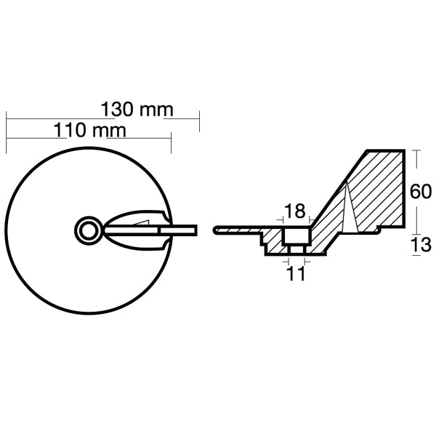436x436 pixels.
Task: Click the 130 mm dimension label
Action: coord(137,109)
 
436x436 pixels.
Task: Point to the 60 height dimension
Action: coord(420,192)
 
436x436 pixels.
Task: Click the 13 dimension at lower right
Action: coord(420,246)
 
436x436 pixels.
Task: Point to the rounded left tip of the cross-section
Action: coord(215,230)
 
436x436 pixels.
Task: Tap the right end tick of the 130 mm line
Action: coord(199,121)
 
